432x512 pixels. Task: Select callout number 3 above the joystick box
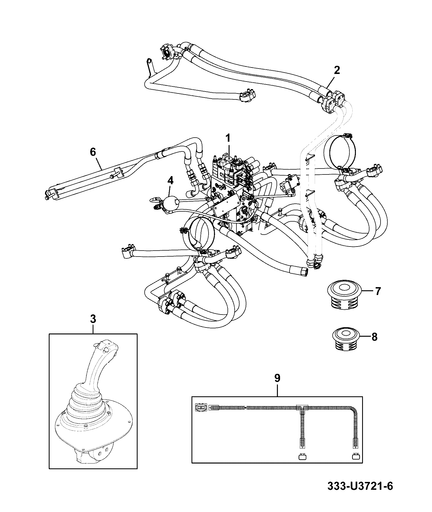[x=93, y=319]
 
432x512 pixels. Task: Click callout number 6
[x=93, y=152]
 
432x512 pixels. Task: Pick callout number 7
[x=378, y=291]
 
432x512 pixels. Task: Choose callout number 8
[x=374, y=337]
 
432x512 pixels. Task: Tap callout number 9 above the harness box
[x=277, y=378]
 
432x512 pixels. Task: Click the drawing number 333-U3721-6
[x=360, y=494]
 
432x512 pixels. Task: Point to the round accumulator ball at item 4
[x=169, y=202]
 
